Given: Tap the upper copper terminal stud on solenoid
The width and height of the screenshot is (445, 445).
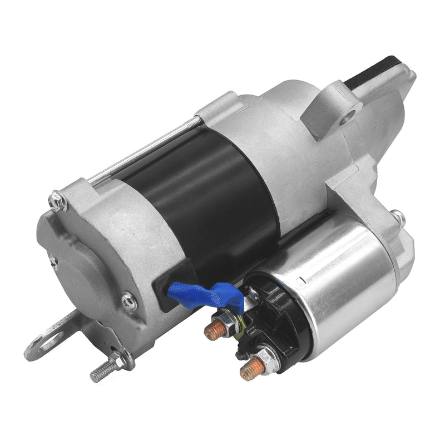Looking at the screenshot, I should pyautogui.click(x=213, y=332).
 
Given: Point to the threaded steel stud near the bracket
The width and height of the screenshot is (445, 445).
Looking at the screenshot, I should pyautogui.click(x=103, y=371).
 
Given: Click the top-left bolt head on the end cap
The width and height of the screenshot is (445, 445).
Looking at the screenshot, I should pyautogui.click(x=57, y=200).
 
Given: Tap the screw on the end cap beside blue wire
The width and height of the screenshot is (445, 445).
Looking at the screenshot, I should pyautogui.click(x=129, y=301).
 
